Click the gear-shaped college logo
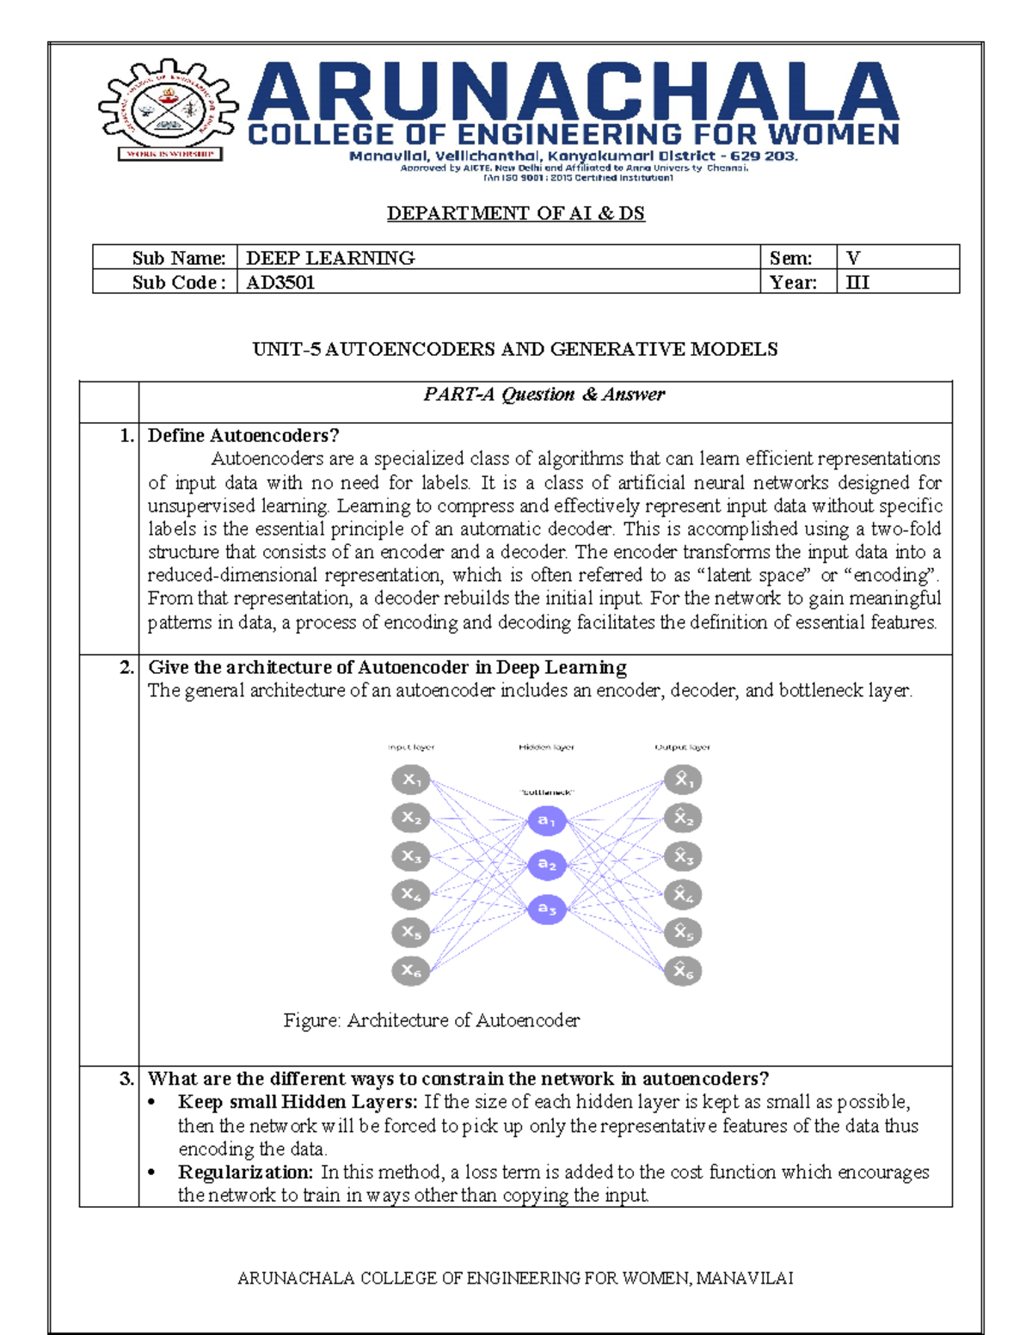tap(169, 108)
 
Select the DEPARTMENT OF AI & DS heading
tap(515, 213)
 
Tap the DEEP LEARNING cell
tap(330, 258)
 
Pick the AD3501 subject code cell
tap(280, 282)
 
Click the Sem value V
tap(853, 258)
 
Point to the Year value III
tap(857, 282)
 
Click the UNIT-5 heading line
tap(514, 349)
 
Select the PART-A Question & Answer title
tap(544, 395)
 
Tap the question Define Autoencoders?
tap(243, 436)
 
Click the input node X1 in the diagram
tap(411, 780)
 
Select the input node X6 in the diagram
tap(411, 971)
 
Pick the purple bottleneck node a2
tap(547, 864)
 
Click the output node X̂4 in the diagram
tap(683, 895)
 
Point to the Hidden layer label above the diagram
tap(546, 747)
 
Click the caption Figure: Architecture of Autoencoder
tap(432, 1020)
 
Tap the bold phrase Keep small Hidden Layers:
tap(298, 1102)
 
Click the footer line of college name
tap(514, 1278)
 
